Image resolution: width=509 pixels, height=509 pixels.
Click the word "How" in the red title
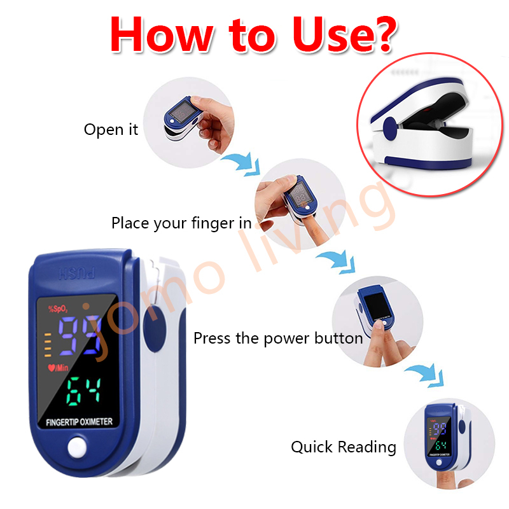(x=162, y=34)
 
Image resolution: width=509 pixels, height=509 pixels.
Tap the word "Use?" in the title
(x=345, y=34)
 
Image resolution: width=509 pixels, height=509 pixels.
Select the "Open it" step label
(x=111, y=130)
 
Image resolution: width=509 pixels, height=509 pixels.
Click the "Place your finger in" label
(x=181, y=223)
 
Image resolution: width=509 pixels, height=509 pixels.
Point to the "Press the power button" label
(x=278, y=338)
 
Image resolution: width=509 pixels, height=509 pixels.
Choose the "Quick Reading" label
(x=344, y=447)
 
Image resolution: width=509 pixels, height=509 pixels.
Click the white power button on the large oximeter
(x=77, y=448)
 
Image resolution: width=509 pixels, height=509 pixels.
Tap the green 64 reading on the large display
(x=83, y=391)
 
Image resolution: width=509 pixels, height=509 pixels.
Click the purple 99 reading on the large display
(x=80, y=336)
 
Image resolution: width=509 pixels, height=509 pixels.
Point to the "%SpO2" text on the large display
(x=58, y=309)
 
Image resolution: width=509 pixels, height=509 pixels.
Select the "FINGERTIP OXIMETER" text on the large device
(x=79, y=422)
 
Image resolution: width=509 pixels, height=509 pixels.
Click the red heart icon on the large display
(x=52, y=368)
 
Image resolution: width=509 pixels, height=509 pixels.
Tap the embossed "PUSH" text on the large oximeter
(x=77, y=274)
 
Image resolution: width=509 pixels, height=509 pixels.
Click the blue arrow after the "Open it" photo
(x=243, y=164)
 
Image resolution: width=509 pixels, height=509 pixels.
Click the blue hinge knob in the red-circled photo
(x=390, y=129)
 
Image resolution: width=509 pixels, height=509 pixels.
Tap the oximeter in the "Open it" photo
(x=182, y=118)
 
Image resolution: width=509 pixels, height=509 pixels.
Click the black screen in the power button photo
(x=377, y=306)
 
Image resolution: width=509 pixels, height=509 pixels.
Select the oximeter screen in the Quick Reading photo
(x=438, y=436)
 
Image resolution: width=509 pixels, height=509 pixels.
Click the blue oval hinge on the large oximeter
(x=155, y=329)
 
